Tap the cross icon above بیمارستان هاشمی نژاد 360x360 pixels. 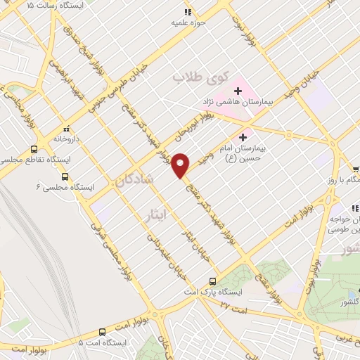point(238,91)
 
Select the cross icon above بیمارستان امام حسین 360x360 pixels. point(243,136)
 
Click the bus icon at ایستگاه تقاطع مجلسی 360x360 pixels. point(34,149)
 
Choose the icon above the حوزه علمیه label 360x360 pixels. point(187,12)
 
